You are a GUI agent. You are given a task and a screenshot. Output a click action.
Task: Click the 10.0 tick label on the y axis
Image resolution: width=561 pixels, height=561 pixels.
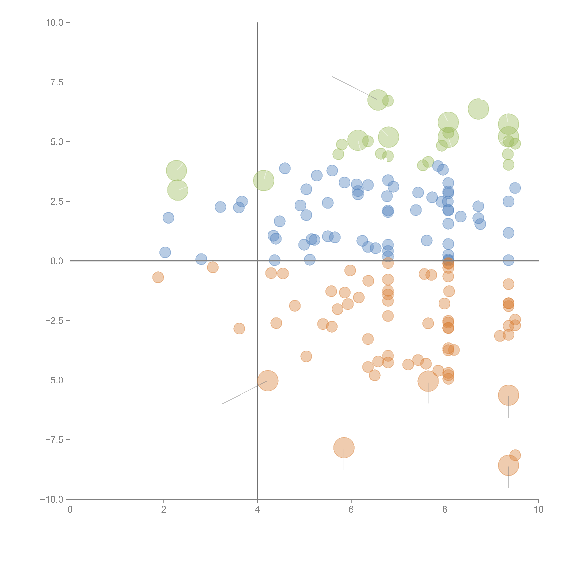[x=55, y=23]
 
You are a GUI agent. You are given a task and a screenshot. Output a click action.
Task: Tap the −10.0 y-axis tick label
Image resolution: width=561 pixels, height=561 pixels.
[x=52, y=499]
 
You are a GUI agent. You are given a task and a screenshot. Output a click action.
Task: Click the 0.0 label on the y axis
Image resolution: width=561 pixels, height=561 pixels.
[x=57, y=261]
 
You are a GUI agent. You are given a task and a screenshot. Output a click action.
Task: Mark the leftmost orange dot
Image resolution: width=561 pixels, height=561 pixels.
[x=158, y=277]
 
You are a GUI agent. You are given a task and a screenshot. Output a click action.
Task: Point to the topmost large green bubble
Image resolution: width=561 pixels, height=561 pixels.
[x=378, y=100]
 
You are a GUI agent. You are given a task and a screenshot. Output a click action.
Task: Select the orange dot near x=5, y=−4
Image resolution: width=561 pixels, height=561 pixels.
[x=306, y=356]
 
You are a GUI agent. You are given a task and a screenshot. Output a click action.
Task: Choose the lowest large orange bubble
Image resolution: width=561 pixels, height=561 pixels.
[x=508, y=465]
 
